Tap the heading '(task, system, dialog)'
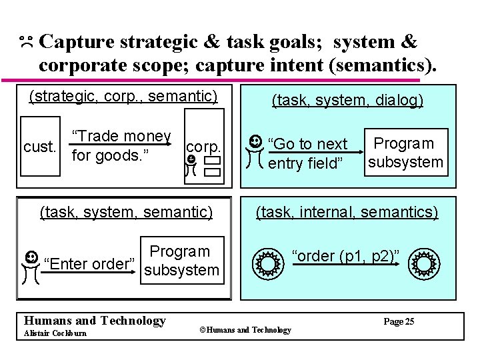pyautogui.click(x=347, y=101)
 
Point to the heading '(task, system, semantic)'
pyautogui.click(x=126, y=212)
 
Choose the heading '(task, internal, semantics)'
pyautogui.click(x=347, y=212)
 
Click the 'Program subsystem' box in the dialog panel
pyautogui.click(x=405, y=153)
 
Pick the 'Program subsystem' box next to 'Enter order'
pyautogui.click(x=181, y=261)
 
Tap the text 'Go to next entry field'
pyautogui.click(x=307, y=153)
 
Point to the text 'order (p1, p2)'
pyautogui.click(x=345, y=256)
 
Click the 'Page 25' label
pyautogui.click(x=399, y=321)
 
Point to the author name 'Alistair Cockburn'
pyautogui.click(x=55, y=333)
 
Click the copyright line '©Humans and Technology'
pyautogui.click(x=246, y=330)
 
